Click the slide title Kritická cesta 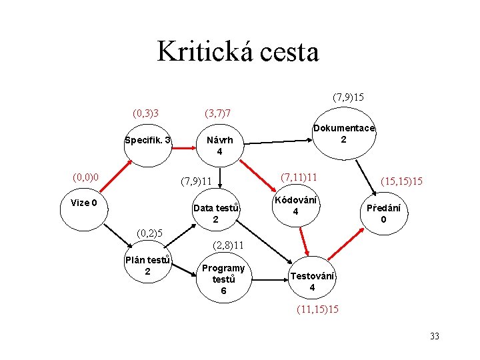(x=238, y=51)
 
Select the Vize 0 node (x=84, y=203)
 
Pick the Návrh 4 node (x=219, y=146)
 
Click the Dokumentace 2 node (x=343, y=134)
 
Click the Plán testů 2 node (x=147, y=265)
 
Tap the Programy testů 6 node (x=223, y=279)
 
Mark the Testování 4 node (x=312, y=281)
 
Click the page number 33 (x=435, y=337)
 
